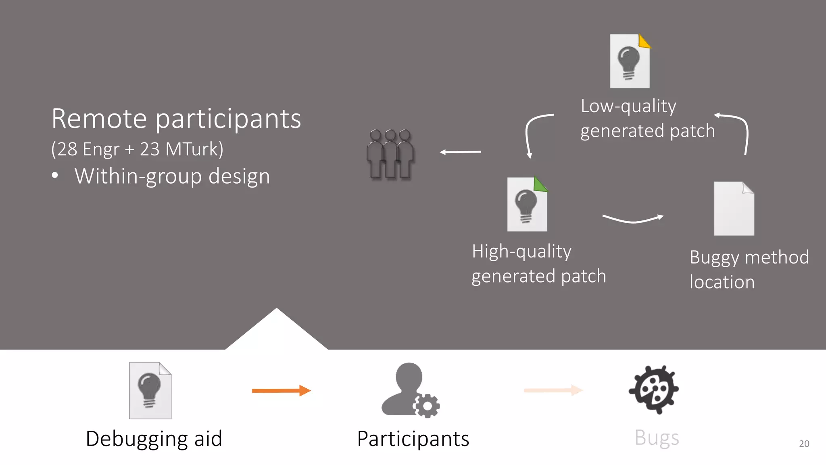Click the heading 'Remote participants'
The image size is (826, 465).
point(176,119)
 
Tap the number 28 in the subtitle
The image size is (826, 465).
point(67,149)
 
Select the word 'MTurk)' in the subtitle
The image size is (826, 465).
point(194,149)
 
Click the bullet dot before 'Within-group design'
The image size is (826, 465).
point(55,176)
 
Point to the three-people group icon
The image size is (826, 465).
point(390,154)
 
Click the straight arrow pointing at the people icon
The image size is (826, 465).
point(460,152)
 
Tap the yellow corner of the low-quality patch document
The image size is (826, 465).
point(644,42)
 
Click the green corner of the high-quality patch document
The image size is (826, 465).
point(540,185)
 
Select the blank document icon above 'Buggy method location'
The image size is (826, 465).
point(734,209)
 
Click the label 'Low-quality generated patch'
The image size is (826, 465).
point(647,119)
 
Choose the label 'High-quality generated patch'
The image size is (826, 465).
point(538,264)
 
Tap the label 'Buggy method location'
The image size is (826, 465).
point(749,270)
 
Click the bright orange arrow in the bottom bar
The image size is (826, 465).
point(281,390)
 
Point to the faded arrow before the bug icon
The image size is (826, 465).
point(553,390)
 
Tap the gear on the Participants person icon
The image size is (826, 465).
point(427,406)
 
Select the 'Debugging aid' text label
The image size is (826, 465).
point(154,439)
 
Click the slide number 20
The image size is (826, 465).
point(804,444)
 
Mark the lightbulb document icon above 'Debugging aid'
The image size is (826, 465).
point(150,390)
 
